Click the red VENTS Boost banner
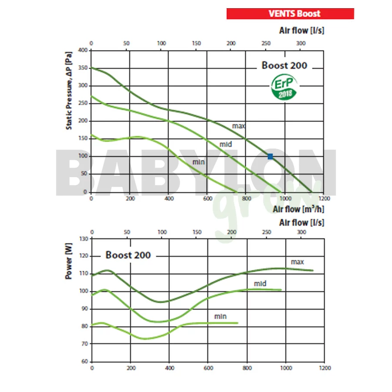click(x=290, y=14)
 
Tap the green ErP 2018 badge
click(x=284, y=87)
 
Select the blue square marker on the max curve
click(x=270, y=156)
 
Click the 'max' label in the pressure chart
click(x=239, y=126)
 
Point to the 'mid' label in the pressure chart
click(x=226, y=144)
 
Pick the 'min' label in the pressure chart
click(x=199, y=162)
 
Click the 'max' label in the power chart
click(x=297, y=262)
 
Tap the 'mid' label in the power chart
click(x=260, y=284)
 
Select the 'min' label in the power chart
click(x=220, y=316)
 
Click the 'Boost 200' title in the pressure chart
click(x=284, y=65)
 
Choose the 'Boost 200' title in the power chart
click(x=128, y=255)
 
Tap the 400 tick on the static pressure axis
click(x=83, y=50)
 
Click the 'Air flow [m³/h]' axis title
click(x=298, y=210)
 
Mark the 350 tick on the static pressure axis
click(x=83, y=68)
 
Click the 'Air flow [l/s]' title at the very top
click(x=301, y=30)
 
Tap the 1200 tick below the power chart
click(x=324, y=368)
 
